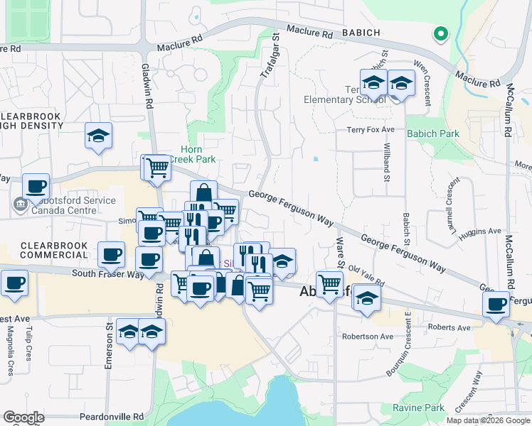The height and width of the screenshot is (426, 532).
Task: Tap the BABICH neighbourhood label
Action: (351, 33)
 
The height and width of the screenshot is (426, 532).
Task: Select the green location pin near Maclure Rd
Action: (441, 33)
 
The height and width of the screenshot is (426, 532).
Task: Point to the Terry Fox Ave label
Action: (370, 129)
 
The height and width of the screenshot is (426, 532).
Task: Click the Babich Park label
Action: (433, 133)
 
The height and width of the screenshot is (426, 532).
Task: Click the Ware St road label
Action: (340, 253)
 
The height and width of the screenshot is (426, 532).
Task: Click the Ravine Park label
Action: (418, 408)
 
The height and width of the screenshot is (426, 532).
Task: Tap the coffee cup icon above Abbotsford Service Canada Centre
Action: (36, 186)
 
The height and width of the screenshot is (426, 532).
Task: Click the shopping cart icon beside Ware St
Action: (329, 284)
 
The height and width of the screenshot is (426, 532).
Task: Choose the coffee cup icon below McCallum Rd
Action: (496, 304)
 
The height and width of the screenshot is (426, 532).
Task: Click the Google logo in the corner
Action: (23, 417)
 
